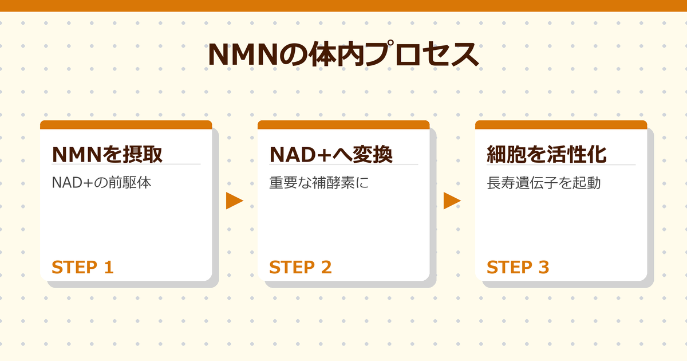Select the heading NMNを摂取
pos(107,154)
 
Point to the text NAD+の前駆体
pos(101,183)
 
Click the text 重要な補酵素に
pos(320,183)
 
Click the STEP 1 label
pos(82,267)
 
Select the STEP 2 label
pos(300,267)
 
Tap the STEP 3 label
pos(518,267)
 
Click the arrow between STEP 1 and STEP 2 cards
pos(235,201)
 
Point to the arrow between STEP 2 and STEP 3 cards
pos(452,201)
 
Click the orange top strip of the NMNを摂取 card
pos(126,124)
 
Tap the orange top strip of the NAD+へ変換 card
pos(343,124)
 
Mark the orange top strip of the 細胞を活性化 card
pos(561,124)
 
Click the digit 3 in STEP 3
pos(543,267)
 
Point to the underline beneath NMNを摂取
pos(126,164)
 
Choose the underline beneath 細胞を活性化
pos(561,164)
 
